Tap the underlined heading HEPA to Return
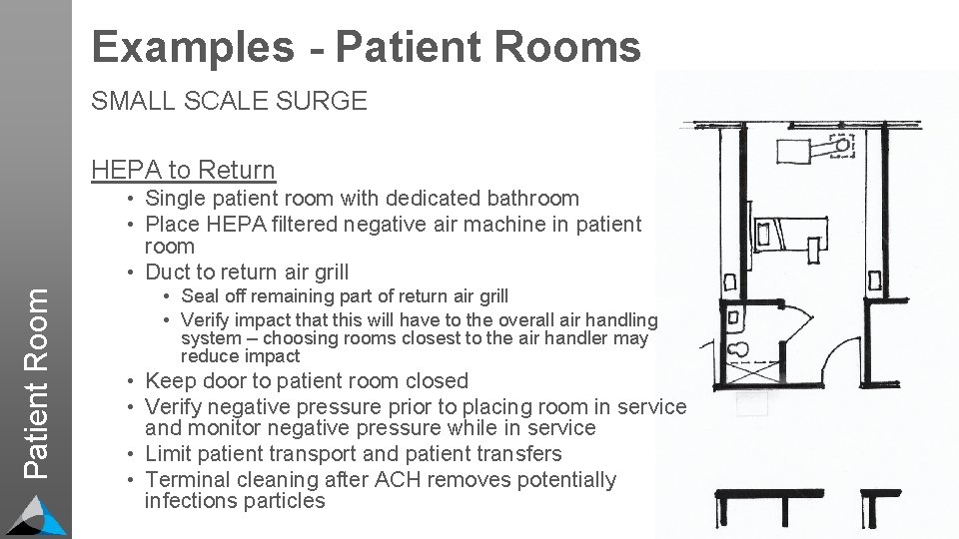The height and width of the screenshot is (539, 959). click(x=183, y=170)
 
